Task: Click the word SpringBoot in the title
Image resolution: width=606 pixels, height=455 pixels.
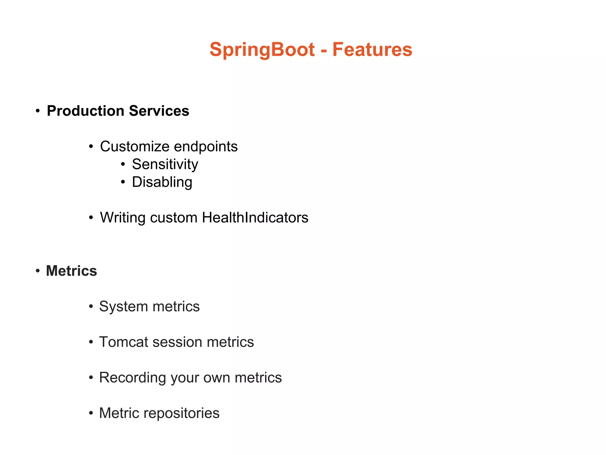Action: coord(262,49)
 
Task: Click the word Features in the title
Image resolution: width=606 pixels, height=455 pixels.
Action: coord(372,49)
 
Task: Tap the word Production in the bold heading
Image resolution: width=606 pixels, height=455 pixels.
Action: coord(86,111)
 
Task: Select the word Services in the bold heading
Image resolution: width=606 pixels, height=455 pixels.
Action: coord(159,111)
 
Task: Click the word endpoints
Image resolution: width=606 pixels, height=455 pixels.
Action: coord(206,147)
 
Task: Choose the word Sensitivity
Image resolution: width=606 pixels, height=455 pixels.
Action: coord(165,164)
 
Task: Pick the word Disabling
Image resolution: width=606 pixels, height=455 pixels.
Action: coord(162,182)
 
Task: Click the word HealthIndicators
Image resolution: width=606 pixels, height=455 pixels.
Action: coord(255,218)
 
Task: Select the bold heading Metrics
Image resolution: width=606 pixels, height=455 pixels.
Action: coord(72,271)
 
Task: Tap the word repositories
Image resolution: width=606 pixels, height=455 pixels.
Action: coord(181,413)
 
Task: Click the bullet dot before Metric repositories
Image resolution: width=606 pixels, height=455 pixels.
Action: coord(91,413)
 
